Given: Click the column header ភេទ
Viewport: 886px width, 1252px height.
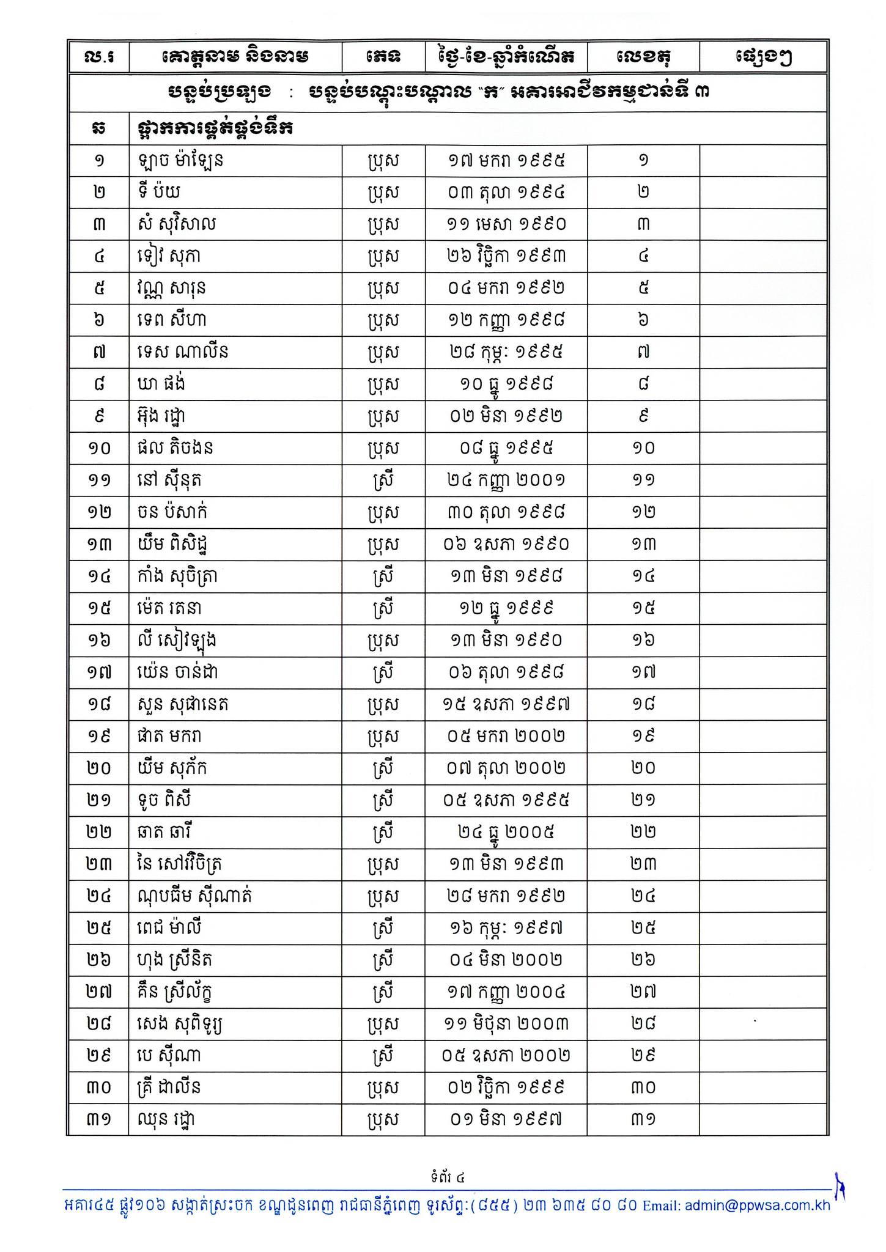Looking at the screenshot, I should [383, 57].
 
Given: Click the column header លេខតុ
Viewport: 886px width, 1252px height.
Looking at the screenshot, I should [643, 57].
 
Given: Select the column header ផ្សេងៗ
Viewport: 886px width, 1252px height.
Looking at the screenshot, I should [764, 57].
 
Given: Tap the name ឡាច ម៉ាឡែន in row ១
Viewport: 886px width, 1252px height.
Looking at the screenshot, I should [180, 161].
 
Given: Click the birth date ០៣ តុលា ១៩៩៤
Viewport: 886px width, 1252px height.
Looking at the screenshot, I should [506, 193].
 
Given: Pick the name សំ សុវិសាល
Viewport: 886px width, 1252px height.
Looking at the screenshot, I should [177, 224].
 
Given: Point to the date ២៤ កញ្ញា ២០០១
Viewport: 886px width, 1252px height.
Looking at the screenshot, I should [506, 480].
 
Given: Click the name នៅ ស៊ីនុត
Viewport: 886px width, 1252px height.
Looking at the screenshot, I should [169, 480].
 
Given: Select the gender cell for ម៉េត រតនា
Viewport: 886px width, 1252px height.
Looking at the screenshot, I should [383, 608].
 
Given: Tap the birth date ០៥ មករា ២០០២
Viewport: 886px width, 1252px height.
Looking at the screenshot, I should [506, 736].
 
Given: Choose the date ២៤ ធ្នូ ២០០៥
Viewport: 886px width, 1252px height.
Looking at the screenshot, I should [506, 832].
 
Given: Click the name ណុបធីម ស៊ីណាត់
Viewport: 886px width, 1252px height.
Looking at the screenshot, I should [194, 896].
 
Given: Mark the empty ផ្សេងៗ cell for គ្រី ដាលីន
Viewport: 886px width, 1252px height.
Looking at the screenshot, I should [764, 1088].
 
